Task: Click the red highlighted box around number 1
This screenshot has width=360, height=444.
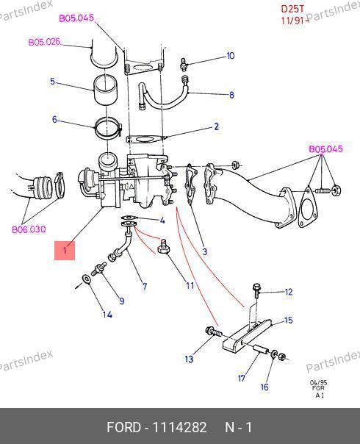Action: [x=65, y=251]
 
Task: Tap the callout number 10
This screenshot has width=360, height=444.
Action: [x=231, y=56]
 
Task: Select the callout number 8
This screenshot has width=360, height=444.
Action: [x=231, y=95]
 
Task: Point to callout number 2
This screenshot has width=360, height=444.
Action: [x=216, y=126]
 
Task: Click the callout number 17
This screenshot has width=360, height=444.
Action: [x=242, y=378]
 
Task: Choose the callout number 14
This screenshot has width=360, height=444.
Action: [x=107, y=315]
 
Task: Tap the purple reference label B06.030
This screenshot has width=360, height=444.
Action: [x=29, y=229]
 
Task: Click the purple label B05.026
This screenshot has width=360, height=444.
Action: [x=45, y=42]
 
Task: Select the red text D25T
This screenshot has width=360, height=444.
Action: [x=292, y=9]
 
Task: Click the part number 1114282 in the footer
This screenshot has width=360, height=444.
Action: [x=179, y=427]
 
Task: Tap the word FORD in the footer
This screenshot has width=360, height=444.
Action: [x=123, y=427]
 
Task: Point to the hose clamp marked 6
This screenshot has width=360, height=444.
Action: [x=107, y=128]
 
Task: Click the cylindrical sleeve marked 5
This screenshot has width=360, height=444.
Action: [x=105, y=90]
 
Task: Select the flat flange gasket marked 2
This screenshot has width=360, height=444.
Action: [x=145, y=140]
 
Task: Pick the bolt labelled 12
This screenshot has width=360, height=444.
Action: [x=256, y=290]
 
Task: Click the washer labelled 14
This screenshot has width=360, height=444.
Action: [x=86, y=279]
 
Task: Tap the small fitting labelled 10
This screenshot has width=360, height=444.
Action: [x=184, y=64]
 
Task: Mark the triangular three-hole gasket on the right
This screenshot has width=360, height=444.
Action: [x=307, y=207]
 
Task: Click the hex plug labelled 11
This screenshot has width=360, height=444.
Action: [x=163, y=247]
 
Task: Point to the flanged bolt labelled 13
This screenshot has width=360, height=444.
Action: [x=213, y=332]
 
